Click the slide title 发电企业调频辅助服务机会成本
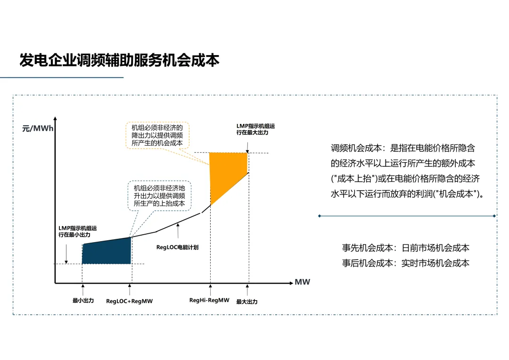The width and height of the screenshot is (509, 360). tap(119, 60)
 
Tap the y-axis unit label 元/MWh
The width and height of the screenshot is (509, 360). tap(38, 129)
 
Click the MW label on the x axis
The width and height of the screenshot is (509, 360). tap(302, 282)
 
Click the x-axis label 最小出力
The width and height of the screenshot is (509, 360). tap(83, 301)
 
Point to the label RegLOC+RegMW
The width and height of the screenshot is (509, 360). tap(129, 301)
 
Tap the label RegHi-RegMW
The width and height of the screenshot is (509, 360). tap(209, 300)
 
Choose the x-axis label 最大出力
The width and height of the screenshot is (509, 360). tap(246, 302)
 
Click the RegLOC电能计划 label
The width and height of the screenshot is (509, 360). tap(177, 247)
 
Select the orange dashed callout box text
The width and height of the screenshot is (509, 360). tap(157, 135)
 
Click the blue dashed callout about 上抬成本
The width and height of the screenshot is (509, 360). tap(159, 196)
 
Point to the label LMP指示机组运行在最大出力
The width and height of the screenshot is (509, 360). tap(255, 129)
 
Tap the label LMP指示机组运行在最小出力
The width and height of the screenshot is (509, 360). tap(78, 231)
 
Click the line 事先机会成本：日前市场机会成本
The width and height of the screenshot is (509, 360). tap(406, 248)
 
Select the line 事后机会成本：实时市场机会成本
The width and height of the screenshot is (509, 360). tap(406, 263)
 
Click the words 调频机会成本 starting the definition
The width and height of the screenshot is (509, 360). tap(356, 148)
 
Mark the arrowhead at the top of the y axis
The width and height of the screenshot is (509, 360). tap(55, 118)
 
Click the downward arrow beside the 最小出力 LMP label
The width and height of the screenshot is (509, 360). tap(66, 254)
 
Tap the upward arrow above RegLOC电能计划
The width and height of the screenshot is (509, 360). tap(178, 231)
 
